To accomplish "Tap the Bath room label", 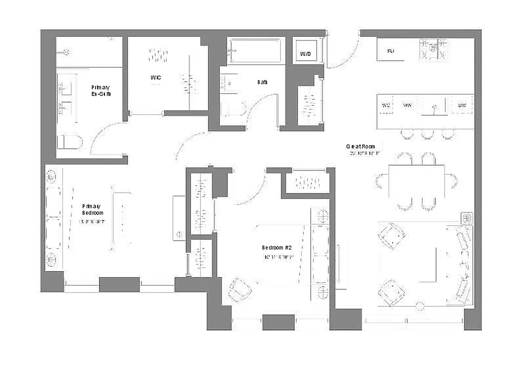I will coord(262,82).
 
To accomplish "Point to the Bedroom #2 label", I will coord(276,248).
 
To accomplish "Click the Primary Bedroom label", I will coord(92,209).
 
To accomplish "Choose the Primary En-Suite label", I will coord(101,90).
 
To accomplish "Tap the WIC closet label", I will coord(156,77).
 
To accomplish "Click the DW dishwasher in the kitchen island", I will coord(462,105).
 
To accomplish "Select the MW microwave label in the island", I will coord(407,105).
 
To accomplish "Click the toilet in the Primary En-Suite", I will coord(69,142).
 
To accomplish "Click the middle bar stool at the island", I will coord(427,134).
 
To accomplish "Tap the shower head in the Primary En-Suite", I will coord(67,52).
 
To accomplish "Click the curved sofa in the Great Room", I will coord(461,264).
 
